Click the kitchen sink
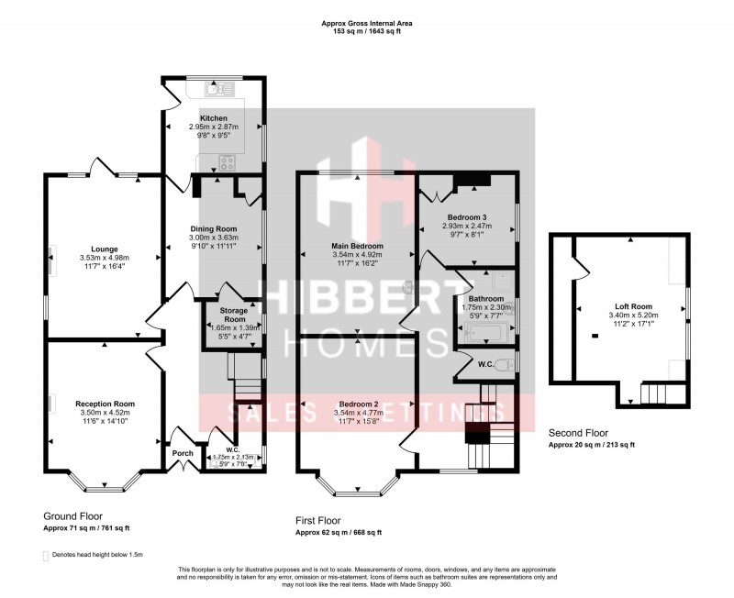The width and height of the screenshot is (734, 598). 217,88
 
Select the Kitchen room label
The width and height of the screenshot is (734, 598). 213,118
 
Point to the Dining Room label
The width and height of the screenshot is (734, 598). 213,228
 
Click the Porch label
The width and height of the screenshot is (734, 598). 183,453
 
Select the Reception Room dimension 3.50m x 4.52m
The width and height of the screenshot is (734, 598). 106,413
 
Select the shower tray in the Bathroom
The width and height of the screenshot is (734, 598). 500,280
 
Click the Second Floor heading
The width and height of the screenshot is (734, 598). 579,433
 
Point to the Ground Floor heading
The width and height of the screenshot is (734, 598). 73,516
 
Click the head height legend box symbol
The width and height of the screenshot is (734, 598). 46,556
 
